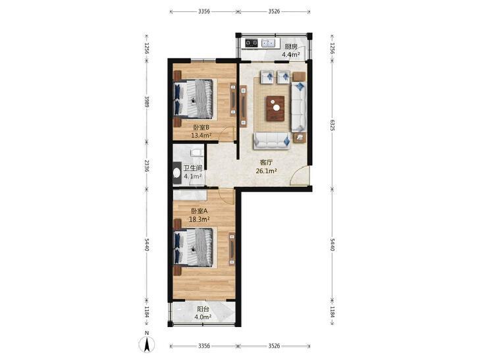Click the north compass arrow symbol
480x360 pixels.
click(147, 344)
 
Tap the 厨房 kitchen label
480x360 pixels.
click(291, 47)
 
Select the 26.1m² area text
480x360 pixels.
click(266, 171)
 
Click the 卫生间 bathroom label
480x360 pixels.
click(193, 168)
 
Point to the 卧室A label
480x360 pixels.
click(200, 211)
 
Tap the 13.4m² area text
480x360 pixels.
click(201, 136)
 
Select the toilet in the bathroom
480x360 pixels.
click(177, 174)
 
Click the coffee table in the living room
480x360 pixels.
click(275, 109)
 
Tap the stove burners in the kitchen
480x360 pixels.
click(252, 43)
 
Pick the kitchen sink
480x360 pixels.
click(269, 43)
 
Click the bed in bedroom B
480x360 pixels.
click(193, 99)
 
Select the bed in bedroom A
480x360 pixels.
click(193, 247)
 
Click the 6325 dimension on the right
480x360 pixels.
click(333, 125)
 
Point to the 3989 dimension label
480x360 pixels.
click(147, 101)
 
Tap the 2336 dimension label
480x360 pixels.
click(147, 165)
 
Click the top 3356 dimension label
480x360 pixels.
click(204, 12)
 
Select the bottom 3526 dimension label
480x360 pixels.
click(274, 346)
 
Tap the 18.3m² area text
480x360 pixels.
click(200, 219)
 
